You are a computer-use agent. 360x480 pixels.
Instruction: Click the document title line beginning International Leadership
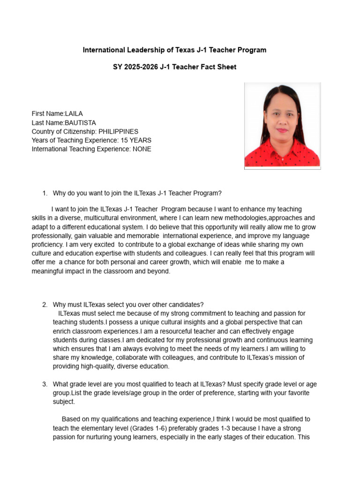[x=174, y=50]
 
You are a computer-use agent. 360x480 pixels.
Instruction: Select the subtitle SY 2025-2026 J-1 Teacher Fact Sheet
[x=174, y=67]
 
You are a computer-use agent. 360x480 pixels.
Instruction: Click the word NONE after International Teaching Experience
[x=142, y=150]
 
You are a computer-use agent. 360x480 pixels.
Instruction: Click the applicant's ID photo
[x=282, y=126]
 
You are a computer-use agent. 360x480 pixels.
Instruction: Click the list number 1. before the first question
[x=45, y=193]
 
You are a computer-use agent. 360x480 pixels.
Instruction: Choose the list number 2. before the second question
[x=45, y=305]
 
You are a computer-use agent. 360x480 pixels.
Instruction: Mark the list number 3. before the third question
[x=45, y=384]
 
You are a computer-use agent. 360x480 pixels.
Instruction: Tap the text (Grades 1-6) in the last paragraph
[x=149, y=428]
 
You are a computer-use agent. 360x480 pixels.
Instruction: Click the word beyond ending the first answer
[x=159, y=271]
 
